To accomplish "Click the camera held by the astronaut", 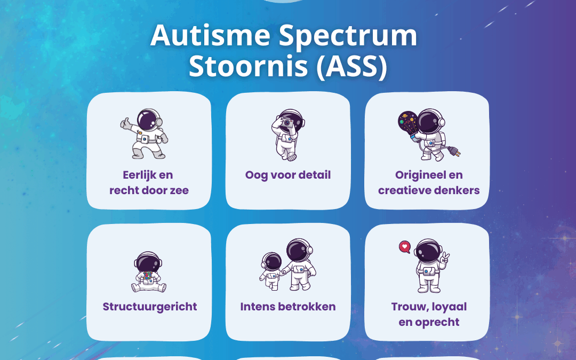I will [287, 122].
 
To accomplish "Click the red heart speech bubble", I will [404, 247].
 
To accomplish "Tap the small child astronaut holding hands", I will [272, 269].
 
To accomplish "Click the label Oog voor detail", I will [288, 175].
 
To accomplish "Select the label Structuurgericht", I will [149, 307].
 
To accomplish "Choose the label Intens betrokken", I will [288, 307].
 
